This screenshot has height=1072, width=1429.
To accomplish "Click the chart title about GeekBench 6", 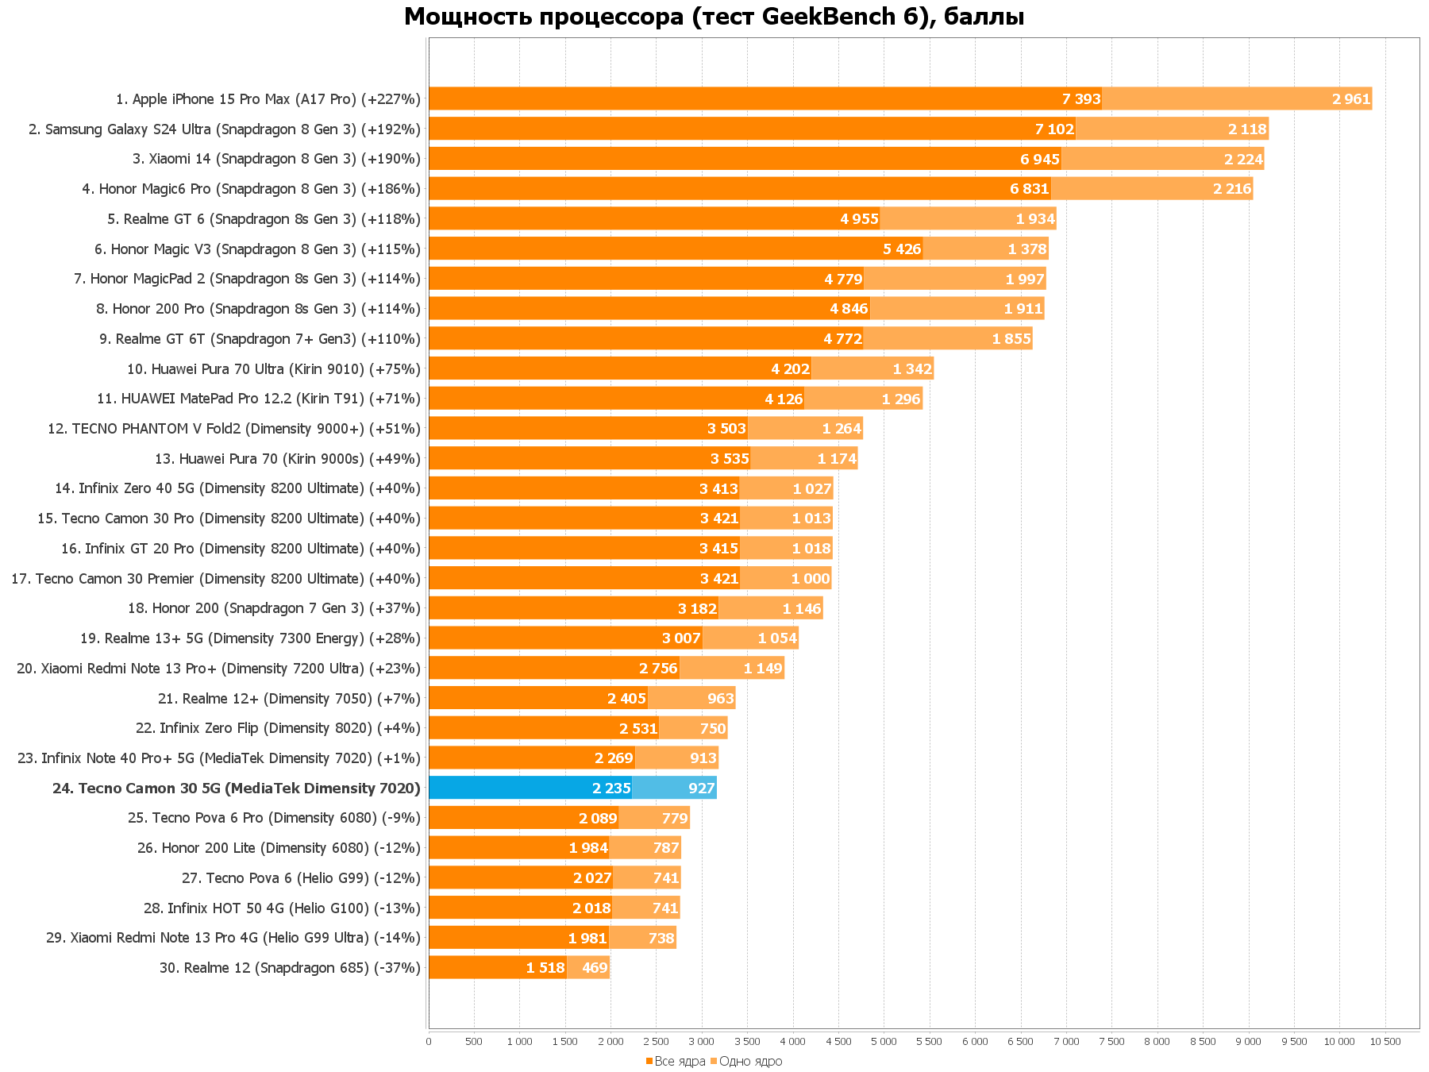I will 714,17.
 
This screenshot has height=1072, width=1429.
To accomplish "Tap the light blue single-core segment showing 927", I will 674,788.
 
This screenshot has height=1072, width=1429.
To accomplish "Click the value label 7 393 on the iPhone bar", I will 1081,99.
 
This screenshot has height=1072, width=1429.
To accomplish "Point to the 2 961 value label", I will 1351,99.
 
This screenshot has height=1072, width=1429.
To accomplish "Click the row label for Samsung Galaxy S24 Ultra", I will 225,129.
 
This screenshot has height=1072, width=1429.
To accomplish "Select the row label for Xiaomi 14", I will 276,159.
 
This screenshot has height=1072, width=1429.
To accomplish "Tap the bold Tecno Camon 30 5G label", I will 237,789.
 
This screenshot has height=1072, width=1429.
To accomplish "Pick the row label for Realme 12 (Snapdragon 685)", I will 290,968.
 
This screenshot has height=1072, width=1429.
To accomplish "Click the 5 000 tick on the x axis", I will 884,1041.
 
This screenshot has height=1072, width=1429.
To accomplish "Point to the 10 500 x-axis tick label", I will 1386,1041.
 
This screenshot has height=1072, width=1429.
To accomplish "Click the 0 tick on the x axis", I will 429,1041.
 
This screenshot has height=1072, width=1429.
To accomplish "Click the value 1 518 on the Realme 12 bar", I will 545,968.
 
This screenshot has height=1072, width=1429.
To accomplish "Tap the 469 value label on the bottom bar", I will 595,968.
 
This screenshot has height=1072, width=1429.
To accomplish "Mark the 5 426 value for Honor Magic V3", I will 902,249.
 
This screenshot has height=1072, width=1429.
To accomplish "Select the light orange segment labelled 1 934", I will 969,219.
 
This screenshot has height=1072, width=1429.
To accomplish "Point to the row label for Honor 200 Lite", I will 279,848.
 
